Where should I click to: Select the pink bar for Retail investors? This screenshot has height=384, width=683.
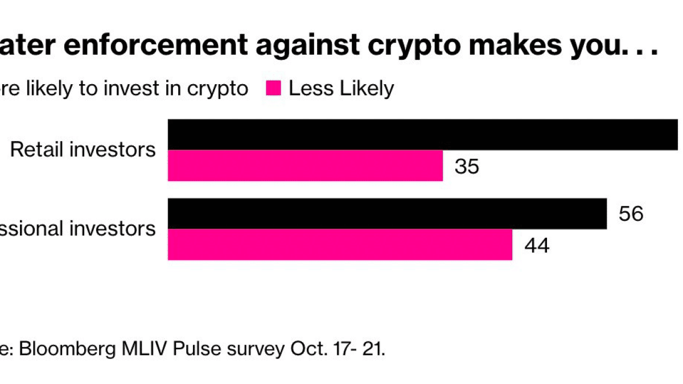[x=305, y=166]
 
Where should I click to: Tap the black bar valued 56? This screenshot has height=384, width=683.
[x=387, y=214]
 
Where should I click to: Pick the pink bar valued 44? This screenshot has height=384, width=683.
[x=340, y=245]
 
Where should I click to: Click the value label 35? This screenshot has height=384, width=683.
[x=467, y=167]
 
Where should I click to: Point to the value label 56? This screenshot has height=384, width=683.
[x=631, y=214]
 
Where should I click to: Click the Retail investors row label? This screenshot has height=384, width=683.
[x=83, y=150]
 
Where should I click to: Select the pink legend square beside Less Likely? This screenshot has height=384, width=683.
[x=274, y=89]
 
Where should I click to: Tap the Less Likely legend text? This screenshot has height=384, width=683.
[x=341, y=89]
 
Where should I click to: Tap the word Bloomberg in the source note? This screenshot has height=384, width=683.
[x=70, y=348]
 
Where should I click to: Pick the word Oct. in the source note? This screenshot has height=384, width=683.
[x=303, y=348]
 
